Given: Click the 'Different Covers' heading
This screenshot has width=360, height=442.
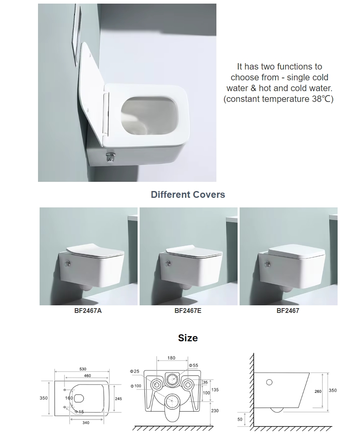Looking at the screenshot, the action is [188, 195].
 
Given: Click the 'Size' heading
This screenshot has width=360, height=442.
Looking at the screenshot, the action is [188, 338].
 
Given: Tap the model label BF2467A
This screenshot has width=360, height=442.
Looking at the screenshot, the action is [88, 311].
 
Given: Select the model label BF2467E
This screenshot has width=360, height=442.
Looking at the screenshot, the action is [188, 311].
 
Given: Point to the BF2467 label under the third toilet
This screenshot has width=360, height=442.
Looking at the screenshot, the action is [288, 311].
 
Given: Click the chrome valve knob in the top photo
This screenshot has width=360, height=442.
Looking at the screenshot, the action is [110, 157].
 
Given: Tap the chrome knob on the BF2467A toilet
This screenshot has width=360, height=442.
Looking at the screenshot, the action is [67, 264].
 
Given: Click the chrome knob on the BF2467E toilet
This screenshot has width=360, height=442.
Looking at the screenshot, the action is [168, 264].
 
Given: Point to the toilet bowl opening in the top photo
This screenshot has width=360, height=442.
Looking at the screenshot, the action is [150, 117].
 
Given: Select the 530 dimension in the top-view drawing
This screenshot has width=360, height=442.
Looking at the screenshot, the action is [83, 369].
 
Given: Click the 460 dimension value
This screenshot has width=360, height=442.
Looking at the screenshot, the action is [88, 376].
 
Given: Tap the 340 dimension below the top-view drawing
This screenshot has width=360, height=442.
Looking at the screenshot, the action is [86, 422].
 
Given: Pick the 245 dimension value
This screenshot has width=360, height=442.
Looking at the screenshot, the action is [118, 398].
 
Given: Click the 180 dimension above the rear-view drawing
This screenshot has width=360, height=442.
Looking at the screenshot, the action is [171, 358].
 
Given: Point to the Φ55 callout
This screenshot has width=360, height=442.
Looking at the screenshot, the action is [194, 365].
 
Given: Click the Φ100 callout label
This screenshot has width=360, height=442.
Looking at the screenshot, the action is [136, 386].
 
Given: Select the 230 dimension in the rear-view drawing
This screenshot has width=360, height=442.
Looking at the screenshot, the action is [215, 411].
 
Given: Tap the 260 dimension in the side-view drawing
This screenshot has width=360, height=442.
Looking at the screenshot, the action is [318, 391].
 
